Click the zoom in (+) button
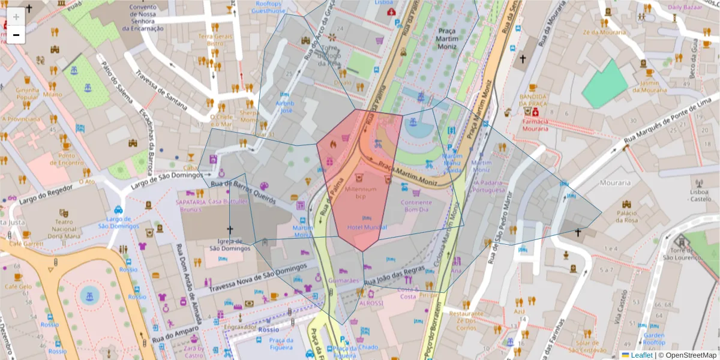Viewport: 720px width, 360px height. coord(16,16)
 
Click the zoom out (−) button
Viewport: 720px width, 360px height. coord(16,35)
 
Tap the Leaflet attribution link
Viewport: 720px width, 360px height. coord(641,355)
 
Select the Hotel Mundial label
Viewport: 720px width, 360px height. coord(367,228)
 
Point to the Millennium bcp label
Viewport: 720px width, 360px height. coord(361,193)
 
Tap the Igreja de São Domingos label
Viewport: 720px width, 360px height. coord(229,244)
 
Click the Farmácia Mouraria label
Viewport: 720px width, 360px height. coord(535,124)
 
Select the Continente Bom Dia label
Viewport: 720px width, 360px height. coord(416,206)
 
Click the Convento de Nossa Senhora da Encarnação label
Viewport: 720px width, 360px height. coord(142,18)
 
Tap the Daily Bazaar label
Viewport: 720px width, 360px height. coord(684,7)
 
